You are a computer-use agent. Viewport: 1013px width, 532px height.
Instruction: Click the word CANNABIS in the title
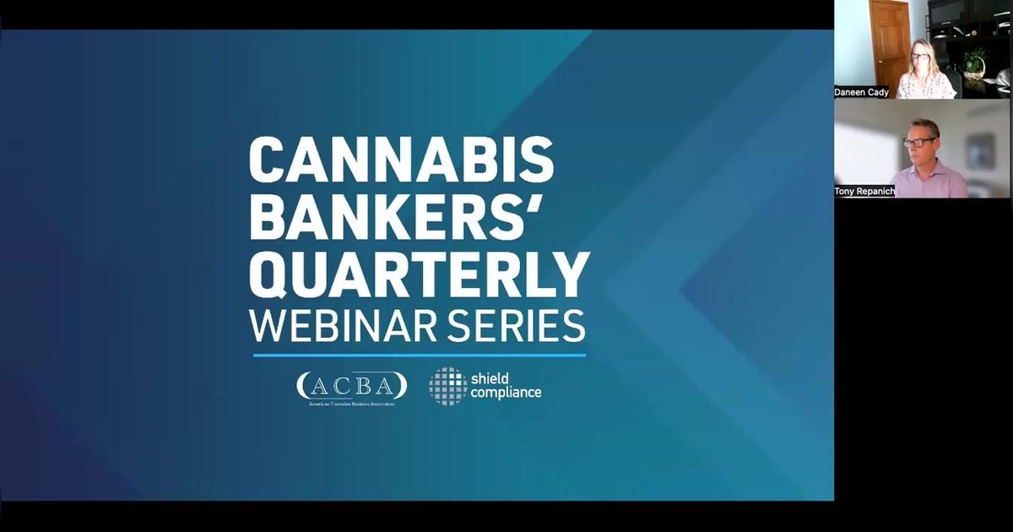(402, 159)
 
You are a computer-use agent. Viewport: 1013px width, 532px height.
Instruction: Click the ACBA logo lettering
(351, 385)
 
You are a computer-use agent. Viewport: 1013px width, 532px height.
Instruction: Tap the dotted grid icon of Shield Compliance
(447, 386)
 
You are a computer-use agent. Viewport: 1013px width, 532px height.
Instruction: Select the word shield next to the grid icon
(490, 377)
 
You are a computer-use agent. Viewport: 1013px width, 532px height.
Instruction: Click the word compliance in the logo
(506, 393)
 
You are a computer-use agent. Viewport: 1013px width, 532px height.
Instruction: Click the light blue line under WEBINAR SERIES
(419, 356)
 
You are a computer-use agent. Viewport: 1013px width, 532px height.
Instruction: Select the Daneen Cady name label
(862, 92)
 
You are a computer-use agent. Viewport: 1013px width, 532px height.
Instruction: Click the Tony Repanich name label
(864, 192)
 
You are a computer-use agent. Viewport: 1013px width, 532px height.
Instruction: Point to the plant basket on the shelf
(974, 63)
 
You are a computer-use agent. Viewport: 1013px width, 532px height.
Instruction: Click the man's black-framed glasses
(918, 141)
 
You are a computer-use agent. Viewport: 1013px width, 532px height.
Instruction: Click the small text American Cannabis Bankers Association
(351, 404)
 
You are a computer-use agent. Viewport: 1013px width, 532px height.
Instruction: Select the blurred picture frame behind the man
(980, 150)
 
